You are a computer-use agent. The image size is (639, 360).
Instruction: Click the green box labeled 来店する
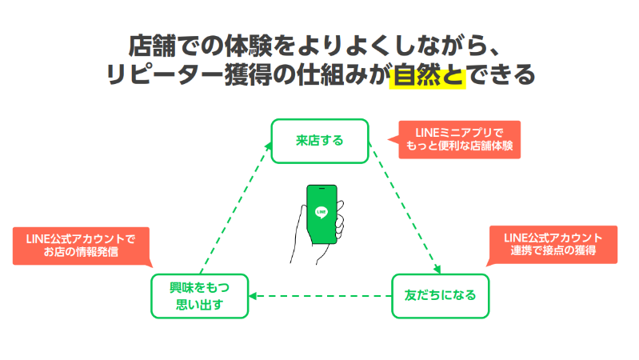tap(320, 141)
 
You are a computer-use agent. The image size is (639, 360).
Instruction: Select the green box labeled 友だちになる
tap(440, 295)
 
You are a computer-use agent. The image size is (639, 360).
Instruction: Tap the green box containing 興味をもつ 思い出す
tap(199, 295)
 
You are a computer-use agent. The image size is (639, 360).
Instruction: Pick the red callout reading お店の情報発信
tap(82, 246)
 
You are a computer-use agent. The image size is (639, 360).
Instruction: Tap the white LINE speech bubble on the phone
tap(321, 211)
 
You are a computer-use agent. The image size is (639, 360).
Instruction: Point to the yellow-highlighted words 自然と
tap(428, 75)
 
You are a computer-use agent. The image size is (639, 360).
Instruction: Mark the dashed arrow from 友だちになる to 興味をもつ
tap(319, 296)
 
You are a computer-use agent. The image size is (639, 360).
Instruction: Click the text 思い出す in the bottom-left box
tap(199, 305)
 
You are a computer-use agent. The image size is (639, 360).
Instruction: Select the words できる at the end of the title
tap(500, 75)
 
